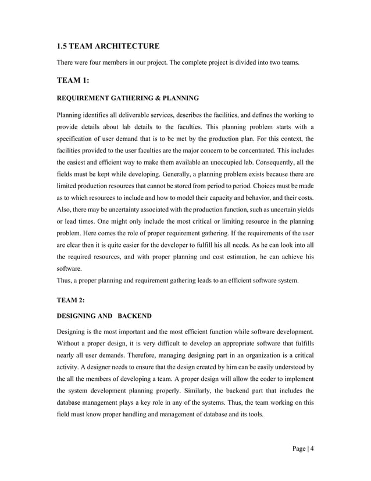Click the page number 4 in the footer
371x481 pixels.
pyautogui.click(x=311, y=449)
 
